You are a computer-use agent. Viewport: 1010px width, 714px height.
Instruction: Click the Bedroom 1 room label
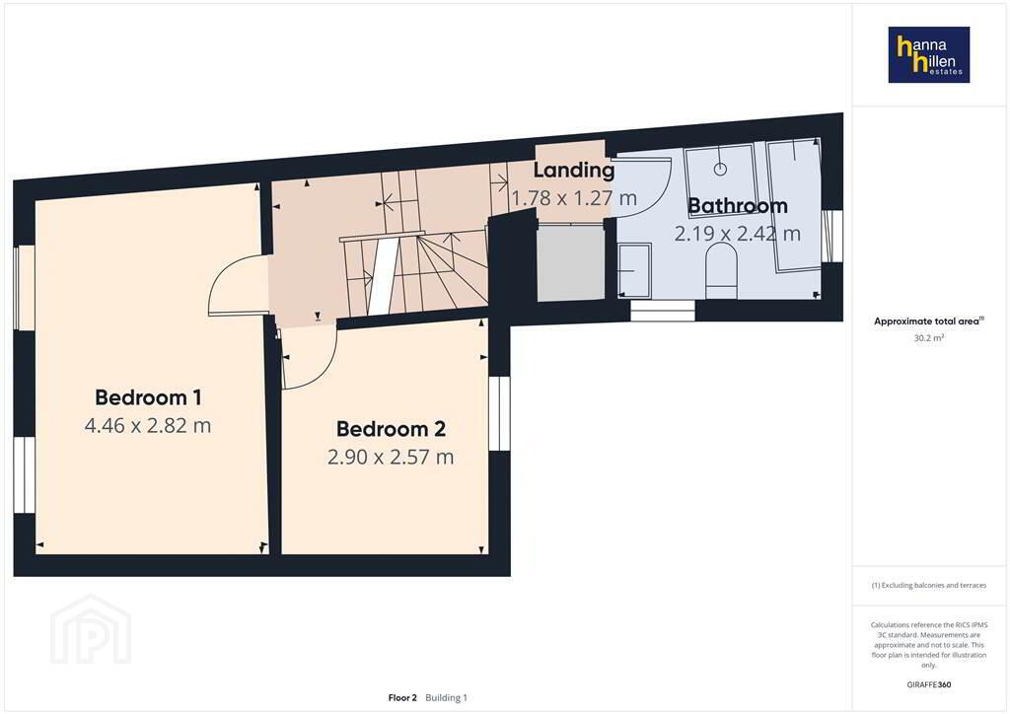pos(148,397)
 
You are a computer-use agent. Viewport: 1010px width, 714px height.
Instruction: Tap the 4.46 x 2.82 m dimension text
pos(148,426)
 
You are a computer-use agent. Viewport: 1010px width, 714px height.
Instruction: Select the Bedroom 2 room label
pos(391,429)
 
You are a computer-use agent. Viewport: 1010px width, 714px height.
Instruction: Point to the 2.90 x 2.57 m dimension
pos(391,458)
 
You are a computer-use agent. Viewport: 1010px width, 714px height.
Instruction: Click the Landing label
pos(573,170)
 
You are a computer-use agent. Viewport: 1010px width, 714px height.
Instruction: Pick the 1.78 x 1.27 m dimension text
pos(574,197)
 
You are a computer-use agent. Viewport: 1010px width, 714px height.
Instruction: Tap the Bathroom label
pos(738,205)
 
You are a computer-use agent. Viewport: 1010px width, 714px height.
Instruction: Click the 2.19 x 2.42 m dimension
pos(738,233)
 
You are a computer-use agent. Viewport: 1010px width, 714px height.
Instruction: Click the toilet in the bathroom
pos(721,273)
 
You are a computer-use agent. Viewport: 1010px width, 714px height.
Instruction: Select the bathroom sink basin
pos(634,270)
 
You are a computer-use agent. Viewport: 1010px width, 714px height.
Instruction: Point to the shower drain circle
pos(720,170)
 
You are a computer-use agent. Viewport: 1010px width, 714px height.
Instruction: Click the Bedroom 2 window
pos(499,413)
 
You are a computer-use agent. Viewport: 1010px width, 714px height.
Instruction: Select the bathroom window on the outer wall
pos(832,236)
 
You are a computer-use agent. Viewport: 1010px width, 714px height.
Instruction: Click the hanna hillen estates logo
pos(929,54)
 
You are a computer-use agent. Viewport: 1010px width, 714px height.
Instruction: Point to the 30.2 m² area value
pos(929,337)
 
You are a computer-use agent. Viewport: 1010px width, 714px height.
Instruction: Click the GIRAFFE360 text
pos(929,684)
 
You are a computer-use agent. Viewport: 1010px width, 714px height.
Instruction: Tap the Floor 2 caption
pos(402,698)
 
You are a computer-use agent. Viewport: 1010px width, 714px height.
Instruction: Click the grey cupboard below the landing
pos(571,262)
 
